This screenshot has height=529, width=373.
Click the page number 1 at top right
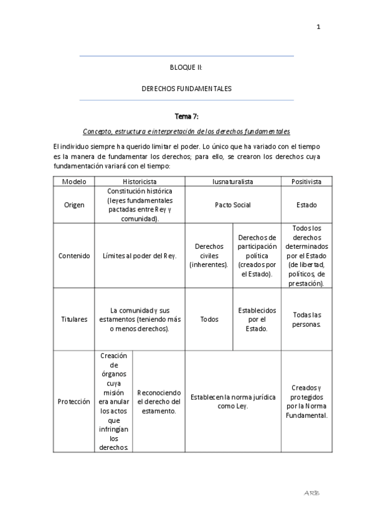[318, 27]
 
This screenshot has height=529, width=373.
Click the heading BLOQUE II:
[186, 67]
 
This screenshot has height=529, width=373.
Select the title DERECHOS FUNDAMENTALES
[186, 89]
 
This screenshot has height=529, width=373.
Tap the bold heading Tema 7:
[186, 116]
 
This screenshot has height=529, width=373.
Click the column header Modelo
[74, 182]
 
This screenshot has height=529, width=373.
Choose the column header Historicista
[139, 182]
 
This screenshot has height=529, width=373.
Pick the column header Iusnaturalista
[233, 182]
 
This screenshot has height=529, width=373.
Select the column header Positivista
[306, 182]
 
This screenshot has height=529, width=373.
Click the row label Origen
[74, 205]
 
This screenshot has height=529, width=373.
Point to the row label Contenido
[74, 256]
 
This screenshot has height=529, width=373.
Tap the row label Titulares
[74, 319]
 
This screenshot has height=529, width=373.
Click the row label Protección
[74, 402]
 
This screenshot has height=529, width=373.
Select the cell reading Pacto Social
[233, 205]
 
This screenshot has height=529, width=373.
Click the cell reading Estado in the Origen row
[306, 205]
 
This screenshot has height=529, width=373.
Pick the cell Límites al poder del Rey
[139, 256]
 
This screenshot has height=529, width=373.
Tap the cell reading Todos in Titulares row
[209, 319]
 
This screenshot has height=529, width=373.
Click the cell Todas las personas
[306, 319]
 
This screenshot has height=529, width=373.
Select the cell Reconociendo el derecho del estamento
[159, 402]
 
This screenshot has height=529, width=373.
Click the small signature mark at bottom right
[312, 493]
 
